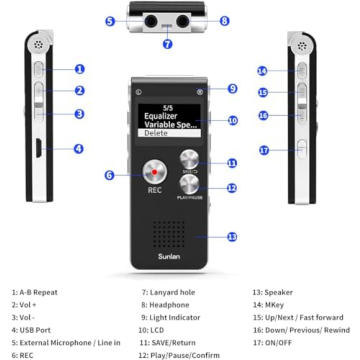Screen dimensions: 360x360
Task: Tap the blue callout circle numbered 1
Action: click(79, 69)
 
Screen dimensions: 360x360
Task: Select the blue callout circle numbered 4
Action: click(79, 149)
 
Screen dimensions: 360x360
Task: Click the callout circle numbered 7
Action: click(168, 44)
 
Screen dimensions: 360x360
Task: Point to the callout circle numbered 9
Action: click(232, 88)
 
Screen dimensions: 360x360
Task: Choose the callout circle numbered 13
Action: click(232, 237)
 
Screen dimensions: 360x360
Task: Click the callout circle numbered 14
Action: click(261, 71)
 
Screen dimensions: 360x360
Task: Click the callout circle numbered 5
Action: click(109, 20)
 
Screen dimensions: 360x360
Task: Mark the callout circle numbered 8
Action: click(224, 20)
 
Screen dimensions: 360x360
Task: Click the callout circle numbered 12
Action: click(232, 187)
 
